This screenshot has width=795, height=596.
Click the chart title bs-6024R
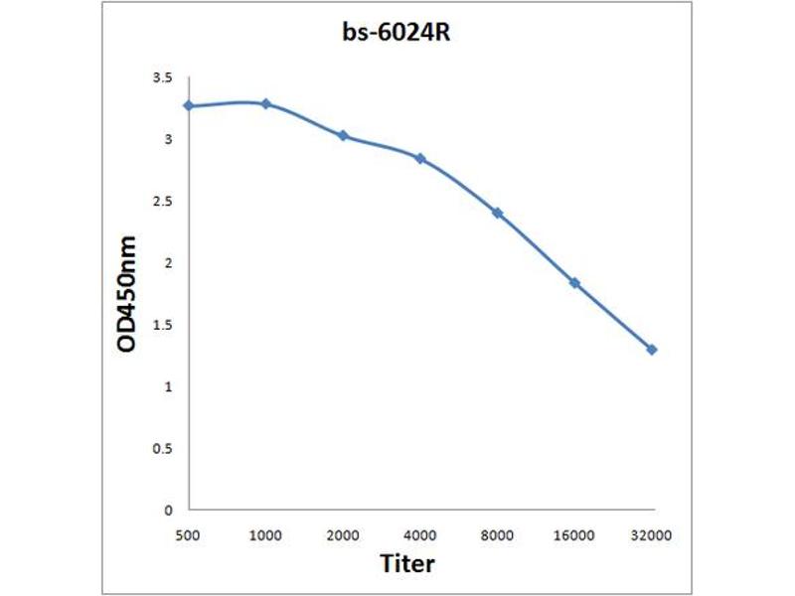(397, 34)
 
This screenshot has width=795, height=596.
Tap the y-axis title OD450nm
(126, 293)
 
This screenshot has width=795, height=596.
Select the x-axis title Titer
(407, 564)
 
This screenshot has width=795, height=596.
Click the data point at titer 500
(188, 105)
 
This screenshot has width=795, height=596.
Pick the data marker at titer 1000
(265, 103)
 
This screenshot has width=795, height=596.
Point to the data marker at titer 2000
(343, 135)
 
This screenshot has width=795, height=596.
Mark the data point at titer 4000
(420, 158)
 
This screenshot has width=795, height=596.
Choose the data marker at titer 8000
(497, 213)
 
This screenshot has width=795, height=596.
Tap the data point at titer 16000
(574, 283)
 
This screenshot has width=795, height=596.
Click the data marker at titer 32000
(652, 350)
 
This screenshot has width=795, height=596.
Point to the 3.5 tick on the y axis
(162, 77)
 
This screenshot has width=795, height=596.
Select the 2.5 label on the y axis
(162, 202)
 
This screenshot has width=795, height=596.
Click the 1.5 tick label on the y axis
(162, 325)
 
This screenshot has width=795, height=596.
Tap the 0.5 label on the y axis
(162, 448)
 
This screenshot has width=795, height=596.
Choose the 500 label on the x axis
(188, 534)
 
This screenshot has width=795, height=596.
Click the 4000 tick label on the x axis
(420, 534)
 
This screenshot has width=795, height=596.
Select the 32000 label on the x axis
(652, 534)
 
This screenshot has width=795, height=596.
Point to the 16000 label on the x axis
(574, 534)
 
